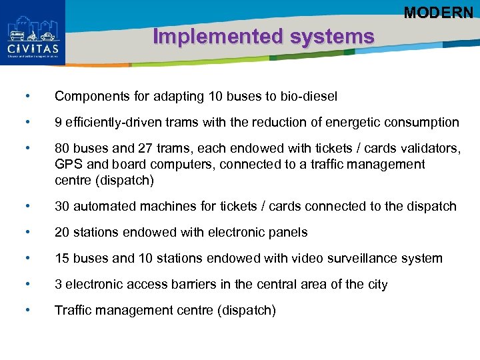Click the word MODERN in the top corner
tap(438, 12)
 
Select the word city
tap(375, 285)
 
